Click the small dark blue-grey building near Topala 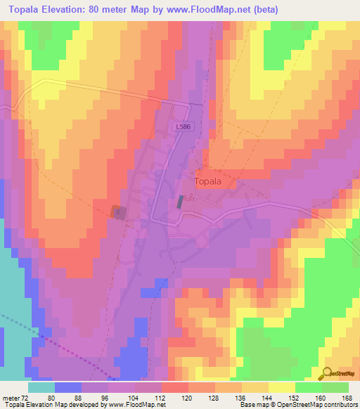[180, 202]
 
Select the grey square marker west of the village [119, 212]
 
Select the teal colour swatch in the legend [41, 387]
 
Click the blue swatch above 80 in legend [68, 387]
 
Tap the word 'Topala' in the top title [26, 10]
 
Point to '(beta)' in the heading [264, 10]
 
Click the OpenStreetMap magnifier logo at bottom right [328, 374]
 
